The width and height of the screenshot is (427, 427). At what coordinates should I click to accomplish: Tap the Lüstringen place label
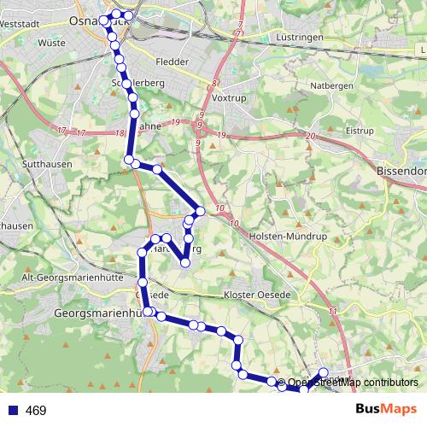[298, 38]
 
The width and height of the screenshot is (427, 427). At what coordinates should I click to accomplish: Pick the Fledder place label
[172, 61]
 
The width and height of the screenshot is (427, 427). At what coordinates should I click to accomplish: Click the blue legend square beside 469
[12, 411]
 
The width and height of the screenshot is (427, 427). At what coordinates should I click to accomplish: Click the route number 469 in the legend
[36, 411]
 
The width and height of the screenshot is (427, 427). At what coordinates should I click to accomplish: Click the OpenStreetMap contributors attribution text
[353, 382]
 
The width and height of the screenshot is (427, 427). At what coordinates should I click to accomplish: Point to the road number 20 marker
[309, 137]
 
